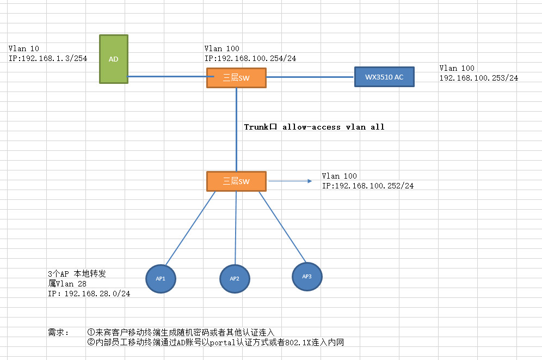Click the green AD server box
coord(114,59)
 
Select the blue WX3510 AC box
coord(384,77)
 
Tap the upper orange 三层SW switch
coord(236,78)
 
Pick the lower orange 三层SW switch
coord(236,181)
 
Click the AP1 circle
coord(161,279)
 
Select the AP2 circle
coord(235,279)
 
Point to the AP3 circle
coord(306,277)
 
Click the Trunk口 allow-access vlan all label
coord(314,127)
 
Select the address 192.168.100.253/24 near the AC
coord(478,78)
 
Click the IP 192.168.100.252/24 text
coord(368,186)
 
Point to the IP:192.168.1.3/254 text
coord(48,58)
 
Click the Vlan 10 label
coord(24,48)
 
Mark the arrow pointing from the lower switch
coord(288,181)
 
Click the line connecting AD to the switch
coord(167,77)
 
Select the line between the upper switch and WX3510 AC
coord(310,77)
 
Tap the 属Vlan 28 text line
coord(67,284)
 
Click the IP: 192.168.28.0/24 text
coord(89,294)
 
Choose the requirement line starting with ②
coord(215,343)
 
